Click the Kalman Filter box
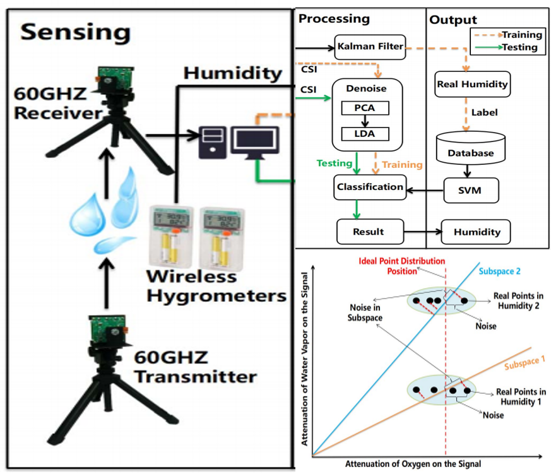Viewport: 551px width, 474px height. click(369, 47)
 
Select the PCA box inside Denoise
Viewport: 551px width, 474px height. click(364, 108)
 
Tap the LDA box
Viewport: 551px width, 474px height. click(364, 134)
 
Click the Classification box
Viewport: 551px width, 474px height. click(369, 187)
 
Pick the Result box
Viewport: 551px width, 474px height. click(369, 232)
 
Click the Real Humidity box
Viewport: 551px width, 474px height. click(472, 85)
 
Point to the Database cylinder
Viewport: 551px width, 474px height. click(470, 149)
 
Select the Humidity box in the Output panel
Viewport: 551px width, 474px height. click(477, 232)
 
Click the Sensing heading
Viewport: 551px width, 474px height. click(75, 32)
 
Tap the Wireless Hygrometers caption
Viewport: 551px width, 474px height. click(216, 286)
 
